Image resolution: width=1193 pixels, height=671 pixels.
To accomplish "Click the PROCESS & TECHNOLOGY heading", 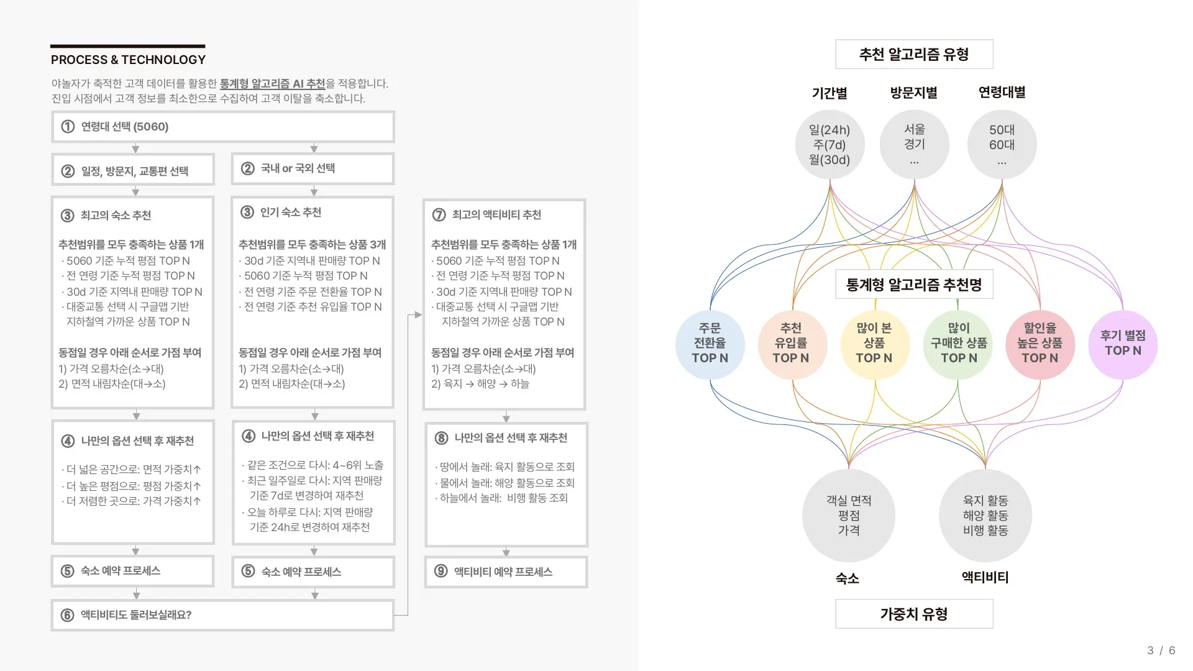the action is [x=128, y=60].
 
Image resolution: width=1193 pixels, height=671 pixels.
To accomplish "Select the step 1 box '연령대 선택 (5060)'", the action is [x=222, y=127].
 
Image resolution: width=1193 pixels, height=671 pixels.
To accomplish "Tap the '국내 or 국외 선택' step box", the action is [x=313, y=168].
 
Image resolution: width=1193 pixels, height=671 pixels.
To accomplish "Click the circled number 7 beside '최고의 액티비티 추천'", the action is [x=439, y=215].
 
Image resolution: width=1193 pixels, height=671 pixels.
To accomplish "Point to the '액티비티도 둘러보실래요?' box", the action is [x=222, y=615].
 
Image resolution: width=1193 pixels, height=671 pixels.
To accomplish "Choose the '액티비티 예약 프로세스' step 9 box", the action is [x=506, y=572].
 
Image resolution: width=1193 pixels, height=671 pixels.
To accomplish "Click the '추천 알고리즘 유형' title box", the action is [x=913, y=55].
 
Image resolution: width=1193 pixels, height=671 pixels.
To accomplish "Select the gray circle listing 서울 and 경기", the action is [x=914, y=145].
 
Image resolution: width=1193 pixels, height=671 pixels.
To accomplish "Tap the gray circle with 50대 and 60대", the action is [x=1002, y=145].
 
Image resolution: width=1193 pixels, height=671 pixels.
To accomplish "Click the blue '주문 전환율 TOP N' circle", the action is [x=710, y=344].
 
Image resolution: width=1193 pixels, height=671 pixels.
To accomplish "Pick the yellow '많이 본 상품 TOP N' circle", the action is [x=874, y=344].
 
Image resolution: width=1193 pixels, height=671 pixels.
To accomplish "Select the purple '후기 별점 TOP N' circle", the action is [x=1122, y=344].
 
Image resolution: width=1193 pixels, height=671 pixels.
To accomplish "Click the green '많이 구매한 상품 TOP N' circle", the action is [x=958, y=344].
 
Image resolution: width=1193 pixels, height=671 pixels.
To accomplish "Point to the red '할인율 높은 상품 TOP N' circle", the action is [x=1040, y=344].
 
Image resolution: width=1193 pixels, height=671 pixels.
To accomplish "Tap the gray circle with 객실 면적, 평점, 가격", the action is [x=848, y=515].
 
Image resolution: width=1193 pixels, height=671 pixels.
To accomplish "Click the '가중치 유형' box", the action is [x=913, y=614].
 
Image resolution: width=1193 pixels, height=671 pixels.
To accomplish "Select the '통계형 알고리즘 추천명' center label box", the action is [x=913, y=285].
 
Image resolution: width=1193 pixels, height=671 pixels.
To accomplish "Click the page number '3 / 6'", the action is [x=1161, y=650].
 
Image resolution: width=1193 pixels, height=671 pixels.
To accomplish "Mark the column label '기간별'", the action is [x=829, y=93].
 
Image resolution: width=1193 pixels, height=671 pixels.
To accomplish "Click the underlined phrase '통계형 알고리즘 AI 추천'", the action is [x=272, y=84].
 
